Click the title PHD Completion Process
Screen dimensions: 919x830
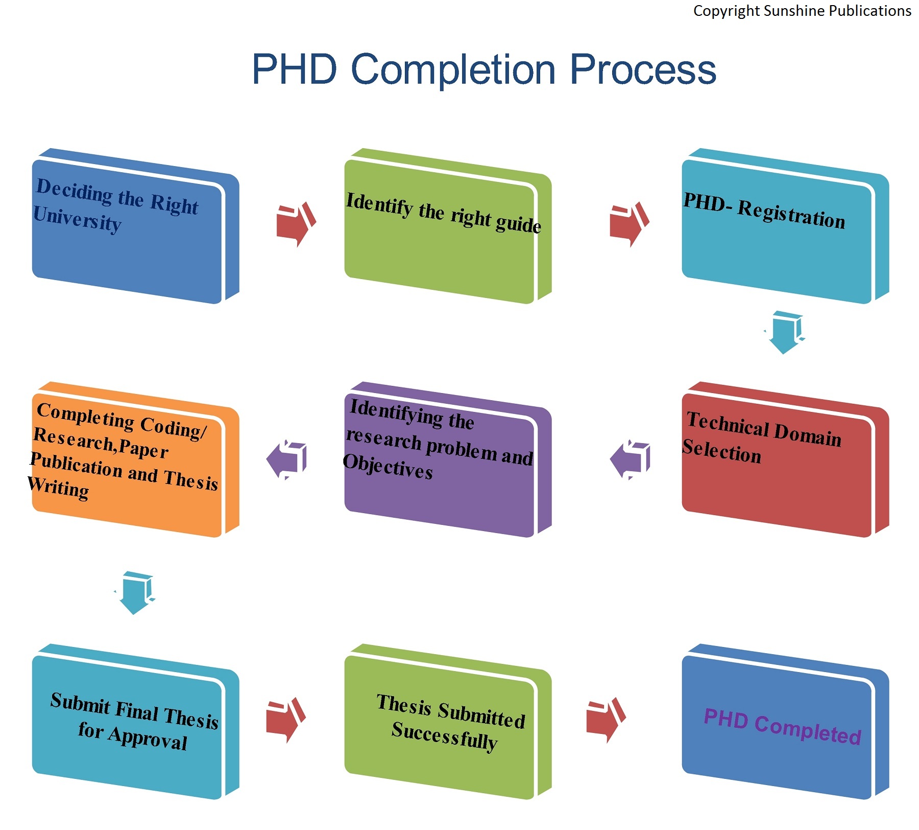(x=484, y=70)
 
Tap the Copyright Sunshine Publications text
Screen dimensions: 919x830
(x=802, y=11)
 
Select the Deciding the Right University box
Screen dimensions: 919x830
(x=135, y=226)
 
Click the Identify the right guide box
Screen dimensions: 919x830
(x=448, y=226)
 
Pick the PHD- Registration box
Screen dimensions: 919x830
(x=785, y=226)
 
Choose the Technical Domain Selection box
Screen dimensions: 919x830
(x=785, y=459)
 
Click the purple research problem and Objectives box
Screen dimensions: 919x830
(x=448, y=459)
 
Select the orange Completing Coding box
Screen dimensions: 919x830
(x=135, y=459)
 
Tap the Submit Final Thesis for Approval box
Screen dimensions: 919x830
(x=135, y=721)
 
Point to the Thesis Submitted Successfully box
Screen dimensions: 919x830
(x=448, y=721)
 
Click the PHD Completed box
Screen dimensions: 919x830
(x=785, y=721)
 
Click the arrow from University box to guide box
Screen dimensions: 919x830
(x=296, y=224)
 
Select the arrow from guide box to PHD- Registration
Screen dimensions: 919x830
(x=630, y=224)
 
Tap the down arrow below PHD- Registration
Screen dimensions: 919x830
(x=784, y=333)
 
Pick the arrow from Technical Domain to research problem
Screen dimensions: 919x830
(x=630, y=459)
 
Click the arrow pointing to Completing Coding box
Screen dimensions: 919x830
(x=286, y=459)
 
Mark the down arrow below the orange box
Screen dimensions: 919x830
(x=134, y=593)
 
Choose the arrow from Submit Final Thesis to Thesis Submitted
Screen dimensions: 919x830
(x=286, y=720)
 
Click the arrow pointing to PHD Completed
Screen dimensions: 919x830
(x=606, y=720)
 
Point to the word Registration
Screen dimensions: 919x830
(x=791, y=215)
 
